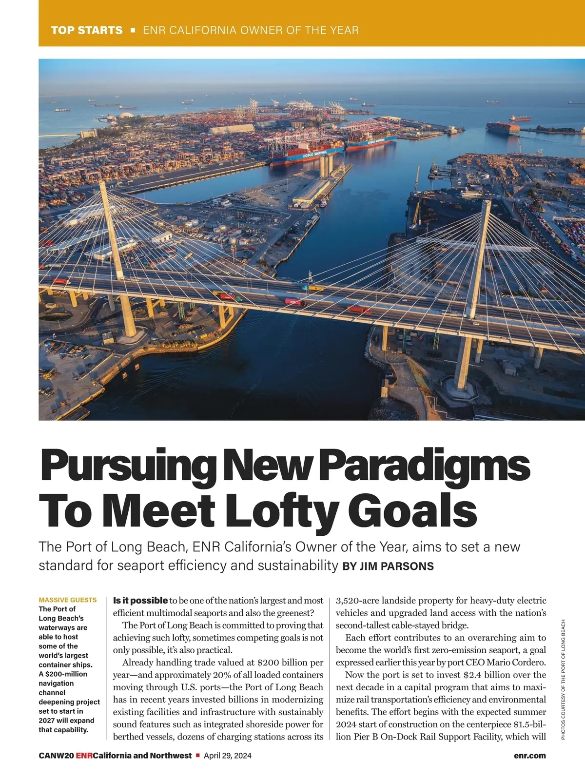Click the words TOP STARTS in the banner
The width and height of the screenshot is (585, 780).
pyautogui.click(x=87, y=30)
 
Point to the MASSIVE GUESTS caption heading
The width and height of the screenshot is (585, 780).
pyautogui.click(x=67, y=600)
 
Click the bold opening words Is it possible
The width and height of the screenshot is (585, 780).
pyautogui.click(x=140, y=601)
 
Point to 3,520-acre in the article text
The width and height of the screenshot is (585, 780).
pyautogui.click(x=357, y=601)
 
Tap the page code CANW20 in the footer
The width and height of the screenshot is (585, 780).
pyautogui.click(x=56, y=756)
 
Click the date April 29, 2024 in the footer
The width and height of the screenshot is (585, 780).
pyautogui.click(x=228, y=756)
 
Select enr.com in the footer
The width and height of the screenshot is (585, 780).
pyautogui.click(x=529, y=756)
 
